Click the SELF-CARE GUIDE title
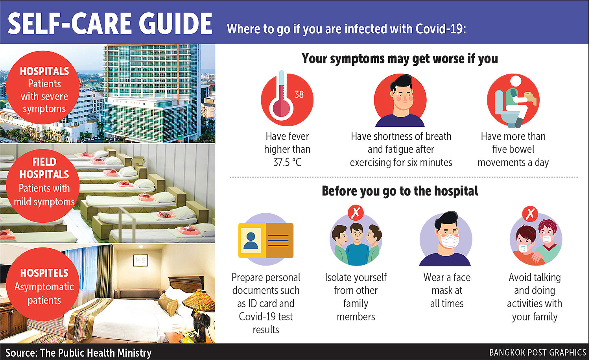click(110, 24)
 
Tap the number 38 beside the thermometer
click(299, 94)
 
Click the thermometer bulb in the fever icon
click(281, 108)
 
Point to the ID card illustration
click(266, 240)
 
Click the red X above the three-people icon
click(356, 212)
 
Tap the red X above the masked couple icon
click(530, 214)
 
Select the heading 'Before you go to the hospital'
click(400, 191)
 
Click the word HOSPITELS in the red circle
click(44, 273)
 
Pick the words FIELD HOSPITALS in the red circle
click(44, 168)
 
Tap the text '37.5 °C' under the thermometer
click(287, 162)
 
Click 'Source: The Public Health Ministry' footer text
click(79, 353)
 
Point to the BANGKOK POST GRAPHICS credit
click(538, 353)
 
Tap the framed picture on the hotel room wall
click(140, 260)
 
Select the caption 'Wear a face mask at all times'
click(447, 290)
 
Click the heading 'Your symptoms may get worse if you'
click(400, 59)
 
